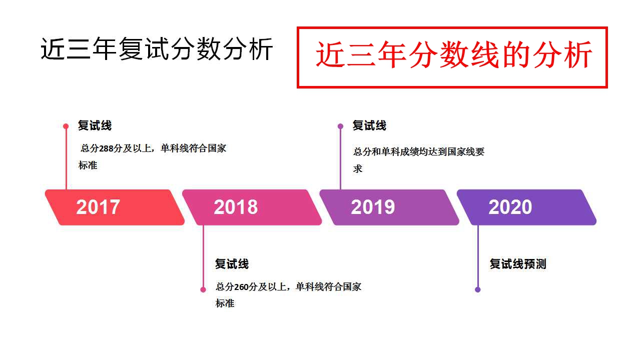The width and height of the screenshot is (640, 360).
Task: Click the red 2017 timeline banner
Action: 115,207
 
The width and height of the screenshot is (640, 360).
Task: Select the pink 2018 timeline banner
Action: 252,207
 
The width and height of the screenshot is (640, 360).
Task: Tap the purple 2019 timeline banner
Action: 389,207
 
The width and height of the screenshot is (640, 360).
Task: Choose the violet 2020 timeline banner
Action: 526,207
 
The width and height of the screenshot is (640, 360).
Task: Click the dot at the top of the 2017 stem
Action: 66,126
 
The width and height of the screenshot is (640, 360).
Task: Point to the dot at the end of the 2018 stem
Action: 203,290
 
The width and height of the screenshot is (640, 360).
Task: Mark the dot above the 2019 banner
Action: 340,126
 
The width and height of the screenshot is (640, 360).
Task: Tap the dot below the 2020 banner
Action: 478,290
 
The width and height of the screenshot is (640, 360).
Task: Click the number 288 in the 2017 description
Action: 106,148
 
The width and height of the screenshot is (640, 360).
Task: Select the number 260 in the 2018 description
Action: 241,287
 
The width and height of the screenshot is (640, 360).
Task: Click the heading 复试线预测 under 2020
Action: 518,264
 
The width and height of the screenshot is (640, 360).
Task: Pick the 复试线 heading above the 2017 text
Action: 95,125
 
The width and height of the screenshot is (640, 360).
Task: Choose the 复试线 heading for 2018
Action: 232,264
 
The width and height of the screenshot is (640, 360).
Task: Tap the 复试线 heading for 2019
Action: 369,125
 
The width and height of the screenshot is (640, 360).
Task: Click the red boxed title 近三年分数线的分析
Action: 454,54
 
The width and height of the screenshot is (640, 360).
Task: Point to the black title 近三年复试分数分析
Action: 157,49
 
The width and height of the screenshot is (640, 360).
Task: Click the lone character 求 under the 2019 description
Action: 358,168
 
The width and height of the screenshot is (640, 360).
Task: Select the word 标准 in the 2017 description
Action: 88,165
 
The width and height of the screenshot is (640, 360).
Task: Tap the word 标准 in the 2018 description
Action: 225,303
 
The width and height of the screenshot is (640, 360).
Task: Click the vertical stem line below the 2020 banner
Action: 478,256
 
